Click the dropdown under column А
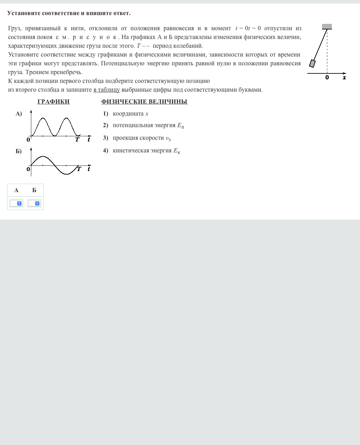coord(16,203)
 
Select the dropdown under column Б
coord(34,203)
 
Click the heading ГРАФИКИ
coord(53,102)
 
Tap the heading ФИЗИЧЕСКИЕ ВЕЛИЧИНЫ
coord(144,102)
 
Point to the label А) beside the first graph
coord(19,113)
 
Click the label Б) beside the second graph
coord(19,151)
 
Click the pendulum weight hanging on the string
coord(312,63)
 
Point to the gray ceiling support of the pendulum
coord(327,27)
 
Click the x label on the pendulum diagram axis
coord(345,78)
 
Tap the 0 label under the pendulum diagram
coord(327,78)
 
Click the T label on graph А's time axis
coord(77,139)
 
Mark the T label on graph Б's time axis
coord(79,169)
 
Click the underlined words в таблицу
coord(107,90)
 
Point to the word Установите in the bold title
coord(24,13)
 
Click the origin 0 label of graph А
coord(28,139)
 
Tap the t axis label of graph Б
coord(89,169)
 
